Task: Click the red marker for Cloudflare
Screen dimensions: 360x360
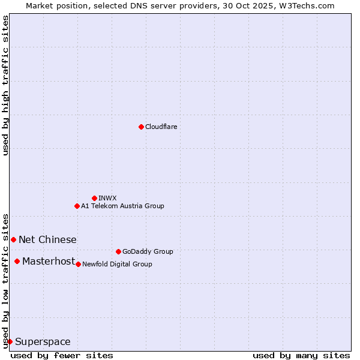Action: pos(141,127)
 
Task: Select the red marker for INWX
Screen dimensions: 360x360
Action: pos(94,198)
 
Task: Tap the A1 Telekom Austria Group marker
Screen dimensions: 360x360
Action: pos(77,206)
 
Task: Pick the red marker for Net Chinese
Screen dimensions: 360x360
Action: pos(13,239)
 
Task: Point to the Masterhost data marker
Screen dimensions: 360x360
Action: pos(17,261)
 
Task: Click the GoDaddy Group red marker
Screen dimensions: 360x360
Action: pos(118,251)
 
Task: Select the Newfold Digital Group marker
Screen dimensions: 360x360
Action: pos(78,264)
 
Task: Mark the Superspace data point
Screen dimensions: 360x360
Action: pos(10,341)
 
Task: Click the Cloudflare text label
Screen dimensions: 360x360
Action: pos(161,127)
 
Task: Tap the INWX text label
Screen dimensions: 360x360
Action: pos(107,198)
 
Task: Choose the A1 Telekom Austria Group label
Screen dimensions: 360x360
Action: pos(122,206)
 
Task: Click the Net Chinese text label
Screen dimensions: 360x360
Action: pos(47,239)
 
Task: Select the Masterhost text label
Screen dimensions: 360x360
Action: pos(49,261)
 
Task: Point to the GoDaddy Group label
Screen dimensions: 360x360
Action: pos(148,251)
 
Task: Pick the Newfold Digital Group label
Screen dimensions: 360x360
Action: pos(117,264)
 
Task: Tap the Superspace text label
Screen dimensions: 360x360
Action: pos(43,341)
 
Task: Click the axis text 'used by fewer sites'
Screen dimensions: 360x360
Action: pos(62,355)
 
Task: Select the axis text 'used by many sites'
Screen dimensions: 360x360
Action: pos(301,355)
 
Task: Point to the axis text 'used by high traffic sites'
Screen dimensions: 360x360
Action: pos(5,86)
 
